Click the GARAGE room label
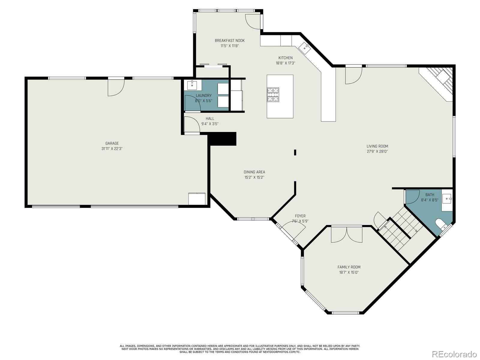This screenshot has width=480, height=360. tap(112, 143)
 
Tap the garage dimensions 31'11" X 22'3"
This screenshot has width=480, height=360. tap(112, 148)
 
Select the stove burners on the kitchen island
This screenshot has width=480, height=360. tap(273, 94)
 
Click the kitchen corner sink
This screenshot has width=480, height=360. tap(305, 47)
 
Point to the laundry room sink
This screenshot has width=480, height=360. tap(192, 85)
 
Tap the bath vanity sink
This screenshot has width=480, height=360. tap(448, 198)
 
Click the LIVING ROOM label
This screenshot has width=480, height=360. tap(377, 146)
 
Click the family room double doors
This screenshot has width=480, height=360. tap(346, 234)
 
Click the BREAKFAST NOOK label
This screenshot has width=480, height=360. tap(229, 40)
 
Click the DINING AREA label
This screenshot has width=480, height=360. tap(254, 172)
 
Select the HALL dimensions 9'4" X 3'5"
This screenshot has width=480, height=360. tap(210, 124)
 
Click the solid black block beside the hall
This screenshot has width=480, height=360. tap(222, 139)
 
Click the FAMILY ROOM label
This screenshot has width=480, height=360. tap(349, 267)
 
